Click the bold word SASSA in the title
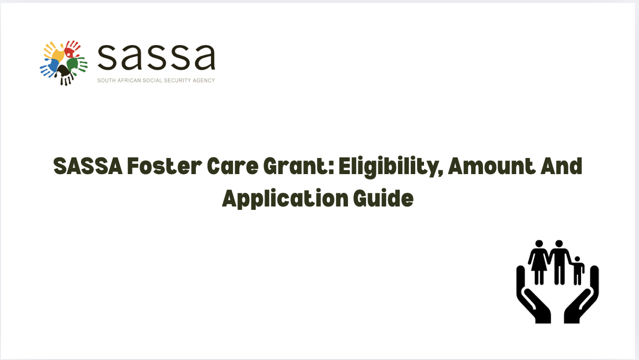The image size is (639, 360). [87, 167]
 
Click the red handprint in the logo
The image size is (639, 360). [72, 49]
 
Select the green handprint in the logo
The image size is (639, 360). [75, 64]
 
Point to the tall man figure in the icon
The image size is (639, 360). [559, 260]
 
